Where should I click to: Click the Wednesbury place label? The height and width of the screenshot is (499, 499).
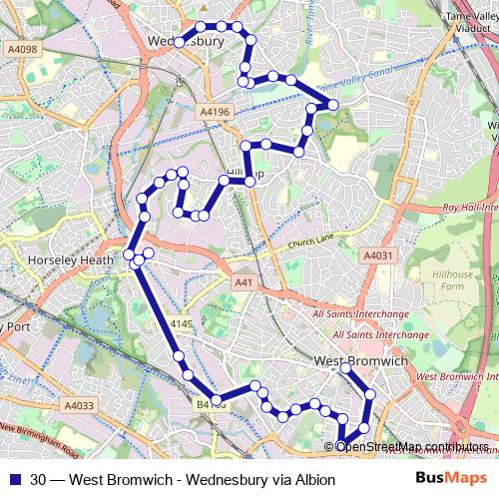pyautogui.click(x=185, y=41)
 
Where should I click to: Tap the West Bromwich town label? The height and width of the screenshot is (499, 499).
pyautogui.click(x=360, y=360)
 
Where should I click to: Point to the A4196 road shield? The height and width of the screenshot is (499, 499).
pyautogui.click(x=214, y=112)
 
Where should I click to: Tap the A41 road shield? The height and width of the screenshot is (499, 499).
pyautogui.click(x=242, y=283)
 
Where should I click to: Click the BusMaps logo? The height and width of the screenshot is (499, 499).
pyautogui.click(x=451, y=479)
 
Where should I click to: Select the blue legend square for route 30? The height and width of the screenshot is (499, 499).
pyautogui.click(x=14, y=480)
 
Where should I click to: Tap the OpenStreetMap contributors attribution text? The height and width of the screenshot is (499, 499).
pyautogui.click(x=412, y=446)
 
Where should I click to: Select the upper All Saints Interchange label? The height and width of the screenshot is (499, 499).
pyautogui.click(x=360, y=313)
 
